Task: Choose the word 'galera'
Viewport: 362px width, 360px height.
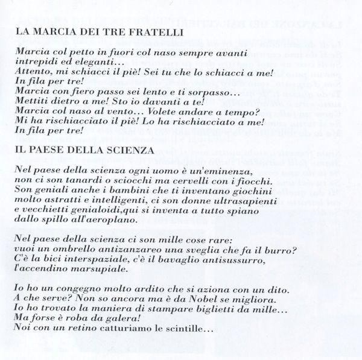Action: (x=128, y=318)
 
